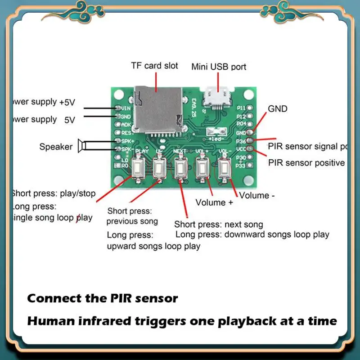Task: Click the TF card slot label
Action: [154, 66]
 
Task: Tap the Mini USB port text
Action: [219, 67]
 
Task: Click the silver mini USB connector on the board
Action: [215, 96]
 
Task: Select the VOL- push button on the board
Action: [223, 170]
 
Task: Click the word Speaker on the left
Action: [56, 146]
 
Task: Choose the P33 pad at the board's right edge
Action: [249, 165]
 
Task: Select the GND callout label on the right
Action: [277, 109]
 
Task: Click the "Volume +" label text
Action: [214, 202]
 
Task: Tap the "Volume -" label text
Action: [256, 195]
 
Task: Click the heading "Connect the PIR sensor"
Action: [103, 298]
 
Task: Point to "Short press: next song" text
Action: [219, 224]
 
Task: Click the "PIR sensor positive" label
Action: [306, 162]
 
